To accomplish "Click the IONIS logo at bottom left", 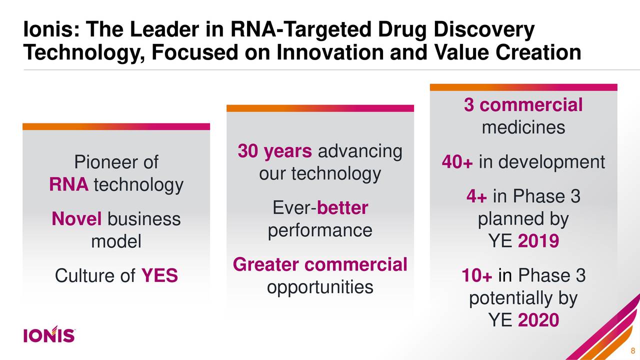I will (x=49, y=335).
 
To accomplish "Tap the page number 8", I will (x=633, y=350).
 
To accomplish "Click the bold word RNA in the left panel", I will (x=68, y=185).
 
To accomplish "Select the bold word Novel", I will (x=76, y=219).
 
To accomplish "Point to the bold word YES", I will (x=159, y=275).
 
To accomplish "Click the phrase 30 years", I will (x=275, y=151).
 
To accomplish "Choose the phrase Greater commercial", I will (x=320, y=264).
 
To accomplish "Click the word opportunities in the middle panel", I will (x=320, y=287).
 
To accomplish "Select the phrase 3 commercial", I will (x=523, y=105).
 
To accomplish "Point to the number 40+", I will (x=457, y=162).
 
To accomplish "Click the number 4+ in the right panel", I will (x=476, y=197).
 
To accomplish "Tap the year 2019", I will (x=538, y=242).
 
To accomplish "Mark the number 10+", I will (x=477, y=275).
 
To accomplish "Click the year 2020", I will (x=538, y=320).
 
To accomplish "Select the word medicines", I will (x=523, y=128).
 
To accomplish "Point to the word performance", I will (x=320, y=230).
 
